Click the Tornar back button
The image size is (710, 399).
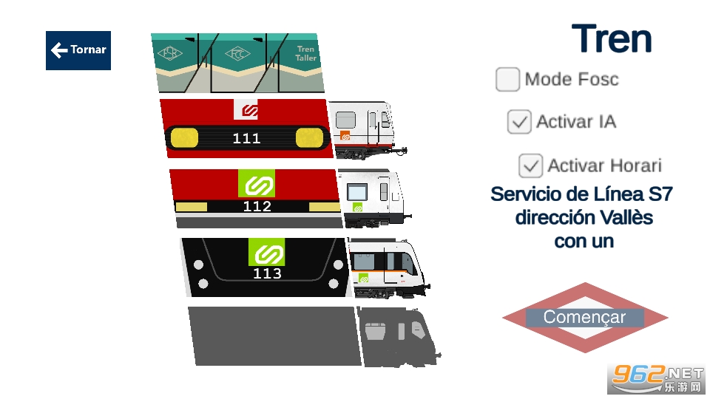[78, 50]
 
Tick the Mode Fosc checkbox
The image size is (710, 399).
[507, 79]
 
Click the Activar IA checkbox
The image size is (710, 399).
[519, 121]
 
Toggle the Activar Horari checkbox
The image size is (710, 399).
[530, 166]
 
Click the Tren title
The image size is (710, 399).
[612, 39]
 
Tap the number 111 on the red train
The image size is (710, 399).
[246, 138]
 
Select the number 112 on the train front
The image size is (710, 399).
[257, 206]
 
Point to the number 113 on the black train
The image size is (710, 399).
[267, 273]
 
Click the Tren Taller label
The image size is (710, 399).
[305, 54]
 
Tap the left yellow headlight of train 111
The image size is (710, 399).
[184, 137]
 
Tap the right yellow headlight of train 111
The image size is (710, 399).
[310, 137]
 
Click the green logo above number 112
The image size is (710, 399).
[257, 183]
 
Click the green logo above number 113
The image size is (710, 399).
[266, 253]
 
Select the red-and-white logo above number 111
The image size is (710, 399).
[249, 110]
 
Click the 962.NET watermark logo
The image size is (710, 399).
[655, 379]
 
